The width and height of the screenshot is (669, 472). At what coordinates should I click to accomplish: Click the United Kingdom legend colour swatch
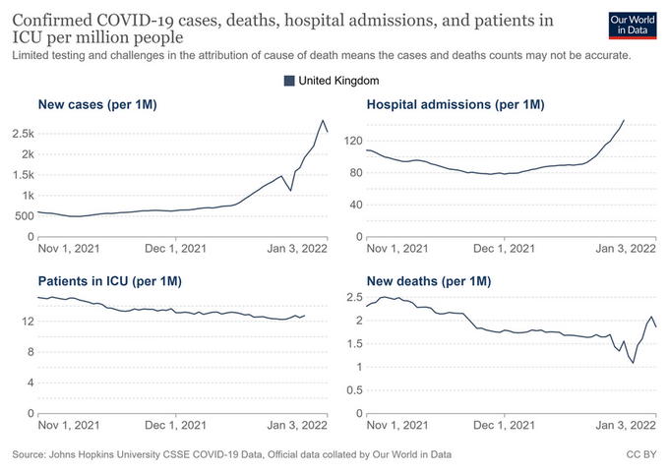tap(289, 80)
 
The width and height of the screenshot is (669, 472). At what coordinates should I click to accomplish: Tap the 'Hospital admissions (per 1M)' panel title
tap(456, 104)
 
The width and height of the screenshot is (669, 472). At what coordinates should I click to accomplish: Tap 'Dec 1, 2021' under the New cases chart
tap(174, 248)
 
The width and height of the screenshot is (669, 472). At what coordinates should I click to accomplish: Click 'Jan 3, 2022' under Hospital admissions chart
tap(627, 248)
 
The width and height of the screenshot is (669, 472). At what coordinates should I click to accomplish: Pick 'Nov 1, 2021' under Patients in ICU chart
tap(66, 425)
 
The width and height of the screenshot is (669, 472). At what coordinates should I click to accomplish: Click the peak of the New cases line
tap(323, 120)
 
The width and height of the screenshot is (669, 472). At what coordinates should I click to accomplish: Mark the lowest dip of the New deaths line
tap(634, 364)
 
